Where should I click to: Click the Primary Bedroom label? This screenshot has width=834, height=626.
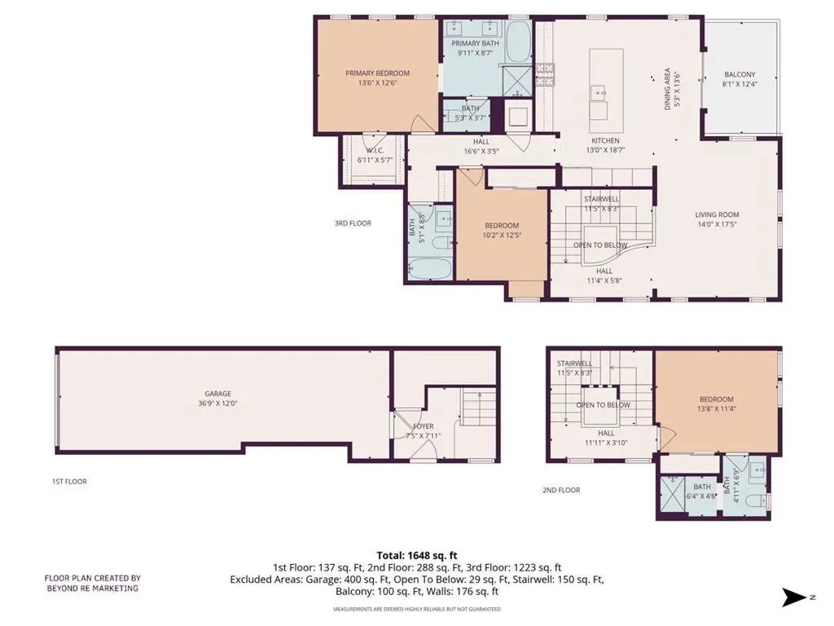378,73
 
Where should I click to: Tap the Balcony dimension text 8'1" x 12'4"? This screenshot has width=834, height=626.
740,84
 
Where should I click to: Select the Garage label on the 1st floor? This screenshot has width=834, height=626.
218,394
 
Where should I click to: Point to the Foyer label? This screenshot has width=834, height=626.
424,425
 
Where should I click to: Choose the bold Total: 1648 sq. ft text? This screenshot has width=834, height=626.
417,556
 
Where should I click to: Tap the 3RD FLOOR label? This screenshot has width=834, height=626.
353,223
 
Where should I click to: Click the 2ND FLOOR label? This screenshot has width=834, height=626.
561,490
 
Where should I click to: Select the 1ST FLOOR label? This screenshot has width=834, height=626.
69,481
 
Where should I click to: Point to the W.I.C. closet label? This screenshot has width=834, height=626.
375,151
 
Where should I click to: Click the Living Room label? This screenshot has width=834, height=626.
717,214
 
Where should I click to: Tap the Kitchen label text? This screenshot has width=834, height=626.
605,140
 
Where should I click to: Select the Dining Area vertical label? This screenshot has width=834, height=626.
668,89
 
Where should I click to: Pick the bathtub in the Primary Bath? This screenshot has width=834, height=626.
518,42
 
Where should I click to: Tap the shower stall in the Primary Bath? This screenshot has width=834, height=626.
517,81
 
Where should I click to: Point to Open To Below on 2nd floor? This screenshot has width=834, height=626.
604,405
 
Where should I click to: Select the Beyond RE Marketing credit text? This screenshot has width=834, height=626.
93,583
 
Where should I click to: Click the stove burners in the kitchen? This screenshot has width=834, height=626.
544,74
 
